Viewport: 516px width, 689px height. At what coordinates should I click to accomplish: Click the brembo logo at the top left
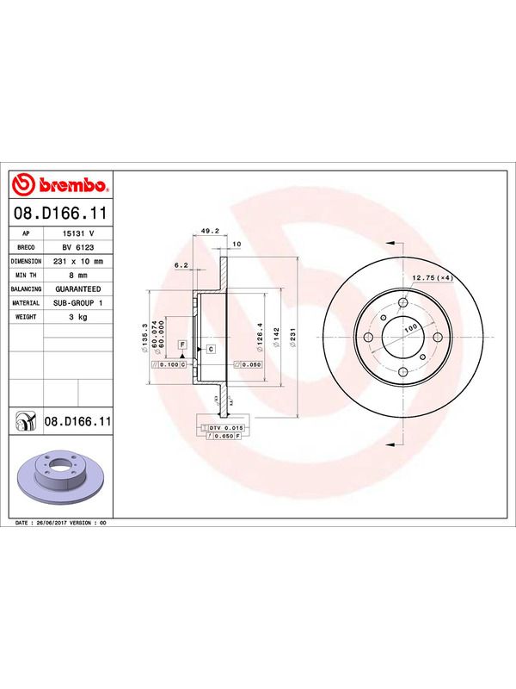[x=60, y=185]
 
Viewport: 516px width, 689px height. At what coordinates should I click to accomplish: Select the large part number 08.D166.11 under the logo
[x=60, y=214]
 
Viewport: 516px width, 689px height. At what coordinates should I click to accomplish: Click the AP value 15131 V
[x=77, y=233]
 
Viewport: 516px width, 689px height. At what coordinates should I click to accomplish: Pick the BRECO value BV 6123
[x=77, y=247]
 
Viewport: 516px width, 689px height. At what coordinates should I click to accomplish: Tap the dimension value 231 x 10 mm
[x=77, y=262]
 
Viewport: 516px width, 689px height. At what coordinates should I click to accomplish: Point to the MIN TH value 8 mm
[x=77, y=275]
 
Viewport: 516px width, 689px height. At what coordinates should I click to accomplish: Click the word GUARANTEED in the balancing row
[x=77, y=289]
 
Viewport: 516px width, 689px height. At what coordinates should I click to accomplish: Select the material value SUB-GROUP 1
[x=77, y=303]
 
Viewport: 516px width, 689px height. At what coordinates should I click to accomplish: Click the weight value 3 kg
[x=77, y=317]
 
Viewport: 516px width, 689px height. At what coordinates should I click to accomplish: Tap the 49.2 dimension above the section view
[x=207, y=230]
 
